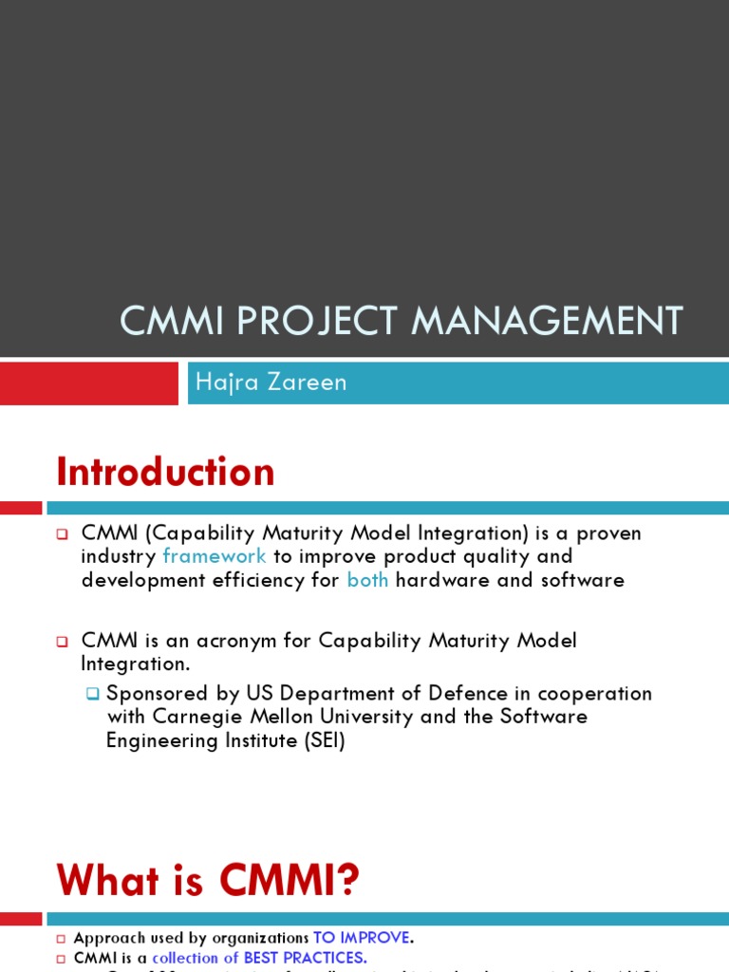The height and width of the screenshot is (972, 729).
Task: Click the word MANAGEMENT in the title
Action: pos(547,321)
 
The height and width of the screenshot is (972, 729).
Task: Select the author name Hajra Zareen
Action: pos(271,383)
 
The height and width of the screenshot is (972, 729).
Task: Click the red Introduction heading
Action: pos(165,472)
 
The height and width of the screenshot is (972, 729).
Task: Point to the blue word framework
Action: pos(215,556)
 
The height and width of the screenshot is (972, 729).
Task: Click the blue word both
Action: pos(367,580)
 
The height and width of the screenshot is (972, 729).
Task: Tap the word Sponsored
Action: pos(153,693)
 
